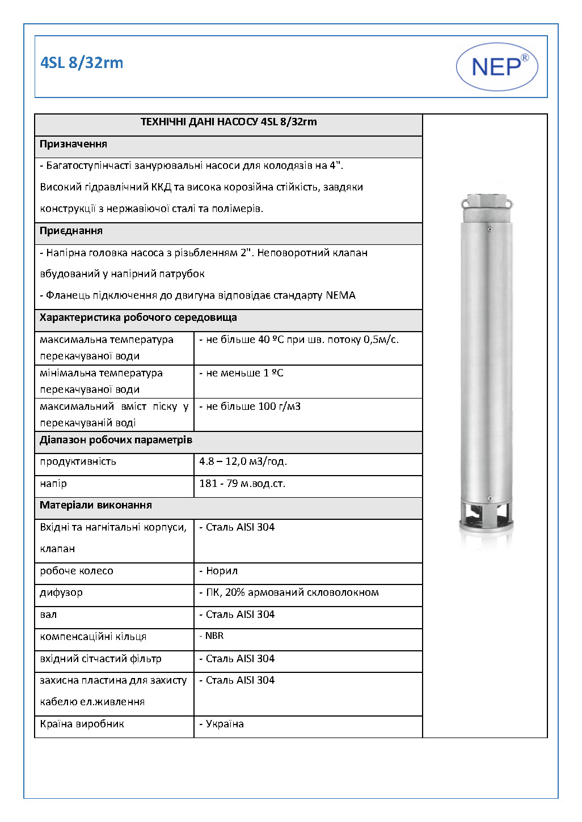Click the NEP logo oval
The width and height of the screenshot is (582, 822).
(497, 67)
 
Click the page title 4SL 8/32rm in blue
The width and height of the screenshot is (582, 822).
(82, 63)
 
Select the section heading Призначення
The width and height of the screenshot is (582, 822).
(73, 145)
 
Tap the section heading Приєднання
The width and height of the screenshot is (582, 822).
(71, 231)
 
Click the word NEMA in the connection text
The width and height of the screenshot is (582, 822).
(340, 296)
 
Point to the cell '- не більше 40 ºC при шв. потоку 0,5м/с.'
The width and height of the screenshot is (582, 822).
(299, 340)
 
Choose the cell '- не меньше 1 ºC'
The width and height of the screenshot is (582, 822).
(241, 374)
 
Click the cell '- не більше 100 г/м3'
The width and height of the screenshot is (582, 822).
(250, 407)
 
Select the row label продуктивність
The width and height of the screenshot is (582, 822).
(78, 462)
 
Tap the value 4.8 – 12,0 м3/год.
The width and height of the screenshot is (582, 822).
(243, 462)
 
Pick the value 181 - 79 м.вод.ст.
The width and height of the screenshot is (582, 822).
(242, 484)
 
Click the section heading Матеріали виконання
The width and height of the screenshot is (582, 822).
(95, 506)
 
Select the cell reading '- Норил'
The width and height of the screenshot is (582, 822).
(218, 571)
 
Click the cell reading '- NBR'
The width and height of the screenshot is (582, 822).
(212, 636)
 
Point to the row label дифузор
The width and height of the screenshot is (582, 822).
(61, 593)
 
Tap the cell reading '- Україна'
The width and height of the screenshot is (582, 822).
(221, 724)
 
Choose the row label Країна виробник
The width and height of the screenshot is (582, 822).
(82, 724)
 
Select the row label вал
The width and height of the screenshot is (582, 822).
(48, 615)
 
